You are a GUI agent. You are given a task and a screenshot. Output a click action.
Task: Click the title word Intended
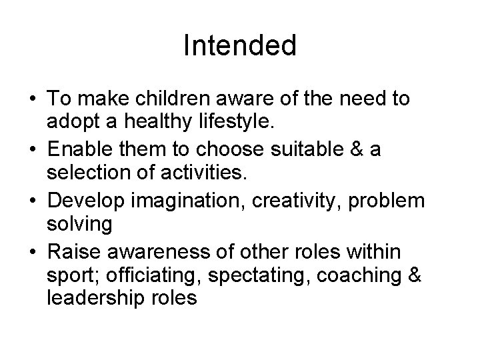[x=239, y=46]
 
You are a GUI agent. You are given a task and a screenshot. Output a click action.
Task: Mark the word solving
[x=80, y=224]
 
